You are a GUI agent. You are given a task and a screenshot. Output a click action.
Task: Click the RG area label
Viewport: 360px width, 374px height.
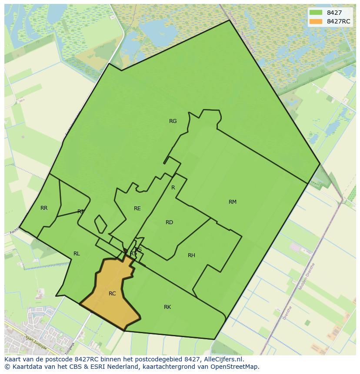173,121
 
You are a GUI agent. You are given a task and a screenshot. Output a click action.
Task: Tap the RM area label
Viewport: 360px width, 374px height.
233,202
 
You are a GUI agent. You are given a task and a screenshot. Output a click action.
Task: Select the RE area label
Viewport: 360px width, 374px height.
137,209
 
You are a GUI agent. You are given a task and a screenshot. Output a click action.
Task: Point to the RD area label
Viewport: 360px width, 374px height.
170,222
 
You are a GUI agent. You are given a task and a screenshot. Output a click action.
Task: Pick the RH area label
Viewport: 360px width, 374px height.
191,255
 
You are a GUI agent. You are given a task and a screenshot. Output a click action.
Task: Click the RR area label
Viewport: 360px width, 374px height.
44,208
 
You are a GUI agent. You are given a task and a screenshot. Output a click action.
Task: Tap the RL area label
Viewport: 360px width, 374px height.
77,254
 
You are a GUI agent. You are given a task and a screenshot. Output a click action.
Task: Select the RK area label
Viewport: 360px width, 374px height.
167,307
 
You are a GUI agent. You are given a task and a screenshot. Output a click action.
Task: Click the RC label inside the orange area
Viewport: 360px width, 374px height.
112,294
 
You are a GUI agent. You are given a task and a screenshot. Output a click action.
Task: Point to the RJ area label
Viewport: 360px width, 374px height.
80,212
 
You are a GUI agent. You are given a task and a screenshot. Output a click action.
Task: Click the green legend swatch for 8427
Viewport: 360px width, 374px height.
316,13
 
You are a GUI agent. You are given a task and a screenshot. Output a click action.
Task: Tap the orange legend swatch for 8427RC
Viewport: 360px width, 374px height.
316,21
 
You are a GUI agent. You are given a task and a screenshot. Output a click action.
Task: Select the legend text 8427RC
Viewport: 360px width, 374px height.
339,21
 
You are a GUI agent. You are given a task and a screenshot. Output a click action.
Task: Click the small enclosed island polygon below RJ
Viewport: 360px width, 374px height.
100,224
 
